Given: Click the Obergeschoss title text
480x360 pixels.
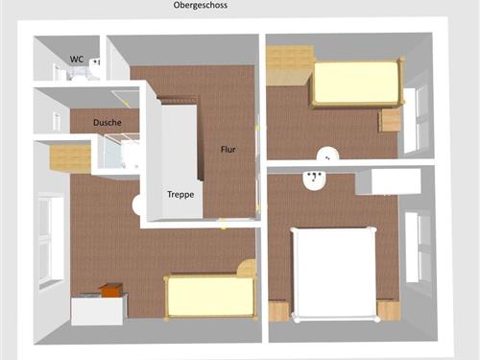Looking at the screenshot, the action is tap(201, 6).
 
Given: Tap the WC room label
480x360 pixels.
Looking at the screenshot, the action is tap(77, 60).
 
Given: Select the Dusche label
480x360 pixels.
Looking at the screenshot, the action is tap(108, 123).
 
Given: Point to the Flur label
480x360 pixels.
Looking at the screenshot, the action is tap(228, 150).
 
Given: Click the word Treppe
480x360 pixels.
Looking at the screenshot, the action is tap(180, 195).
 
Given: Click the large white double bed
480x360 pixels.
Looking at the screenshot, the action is tap(334, 274).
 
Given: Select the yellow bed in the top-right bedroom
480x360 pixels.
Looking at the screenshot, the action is tap(356, 83).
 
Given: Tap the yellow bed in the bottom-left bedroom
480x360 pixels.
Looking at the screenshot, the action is tap(211, 297).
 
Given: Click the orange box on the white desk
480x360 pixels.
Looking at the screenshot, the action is tap(110, 289).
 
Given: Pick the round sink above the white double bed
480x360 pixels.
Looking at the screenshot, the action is tap(314, 180).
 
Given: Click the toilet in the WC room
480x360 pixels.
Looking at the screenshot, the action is tap(95, 68).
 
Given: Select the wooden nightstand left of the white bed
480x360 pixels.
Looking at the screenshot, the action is tap(278, 310).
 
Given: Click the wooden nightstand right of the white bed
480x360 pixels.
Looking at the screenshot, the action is tap(389, 310).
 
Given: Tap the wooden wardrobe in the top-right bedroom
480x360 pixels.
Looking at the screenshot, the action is tap(289, 65).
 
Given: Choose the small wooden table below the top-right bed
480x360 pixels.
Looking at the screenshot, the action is tap(390, 119).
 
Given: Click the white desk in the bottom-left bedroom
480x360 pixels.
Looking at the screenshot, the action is tap(97, 311).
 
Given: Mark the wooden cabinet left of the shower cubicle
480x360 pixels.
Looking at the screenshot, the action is tap(70, 157).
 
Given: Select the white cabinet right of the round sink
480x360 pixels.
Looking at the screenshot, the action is tap(388, 181).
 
